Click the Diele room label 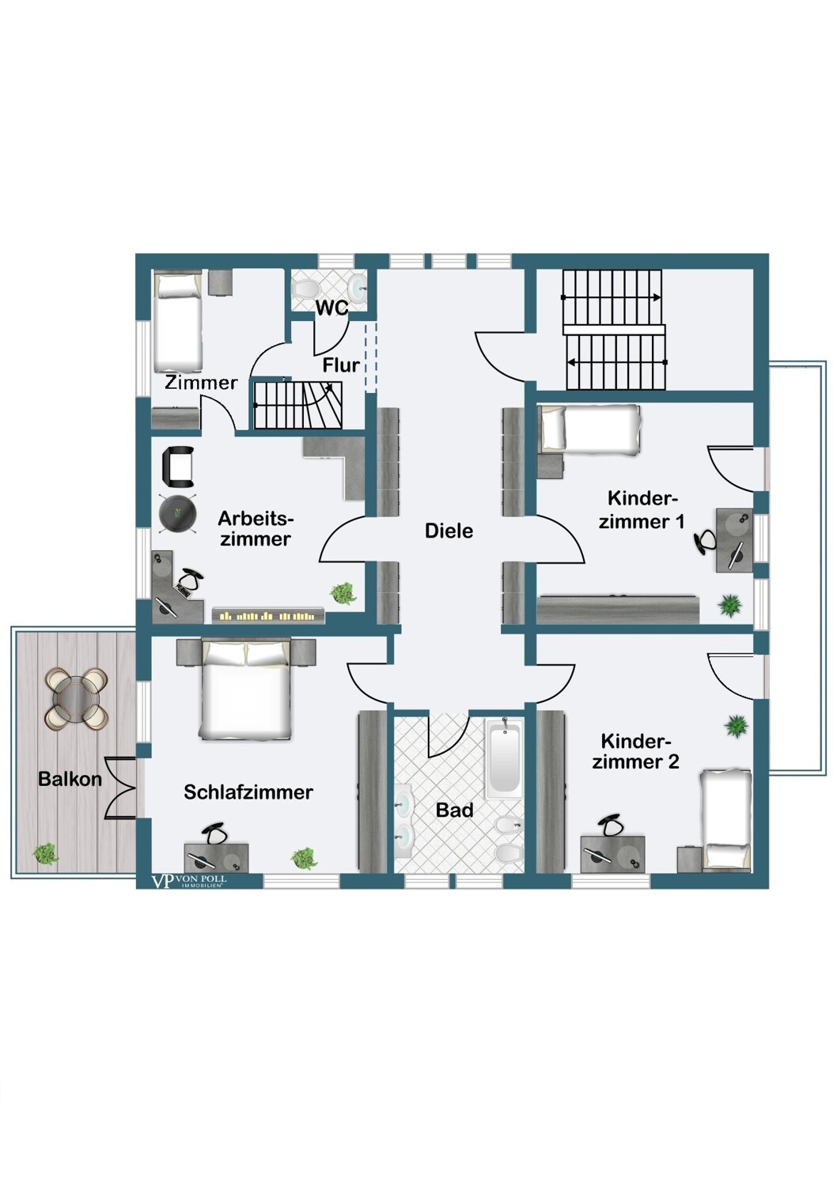(x=449, y=531)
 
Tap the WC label (x=332, y=308)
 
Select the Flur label (x=341, y=364)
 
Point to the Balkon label (x=70, y=779)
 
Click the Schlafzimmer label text (x=248, y=792)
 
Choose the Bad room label (x=455, y=810)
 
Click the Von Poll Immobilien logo (x=188, y=882)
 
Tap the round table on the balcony (x=78, y=697)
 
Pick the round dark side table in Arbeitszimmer (x=178, y=512)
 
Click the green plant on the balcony (x=45, y=853)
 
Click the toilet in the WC (x=305, y=289)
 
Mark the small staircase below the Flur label (x=298, y=406)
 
